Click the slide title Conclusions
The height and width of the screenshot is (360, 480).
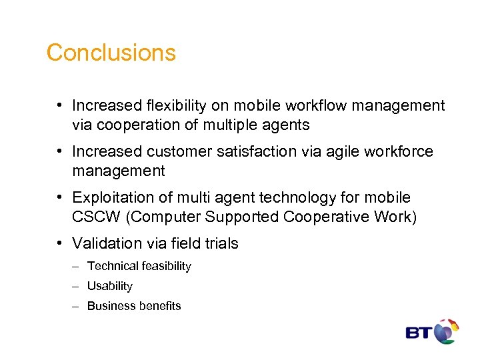point(111,53)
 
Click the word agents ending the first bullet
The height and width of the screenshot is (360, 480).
point(286,125)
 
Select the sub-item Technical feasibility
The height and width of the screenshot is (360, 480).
point(139,266)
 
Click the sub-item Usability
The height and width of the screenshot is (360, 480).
point(110,286)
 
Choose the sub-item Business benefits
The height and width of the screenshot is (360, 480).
point(134,306)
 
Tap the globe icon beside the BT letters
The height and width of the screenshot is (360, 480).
point(446,331)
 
